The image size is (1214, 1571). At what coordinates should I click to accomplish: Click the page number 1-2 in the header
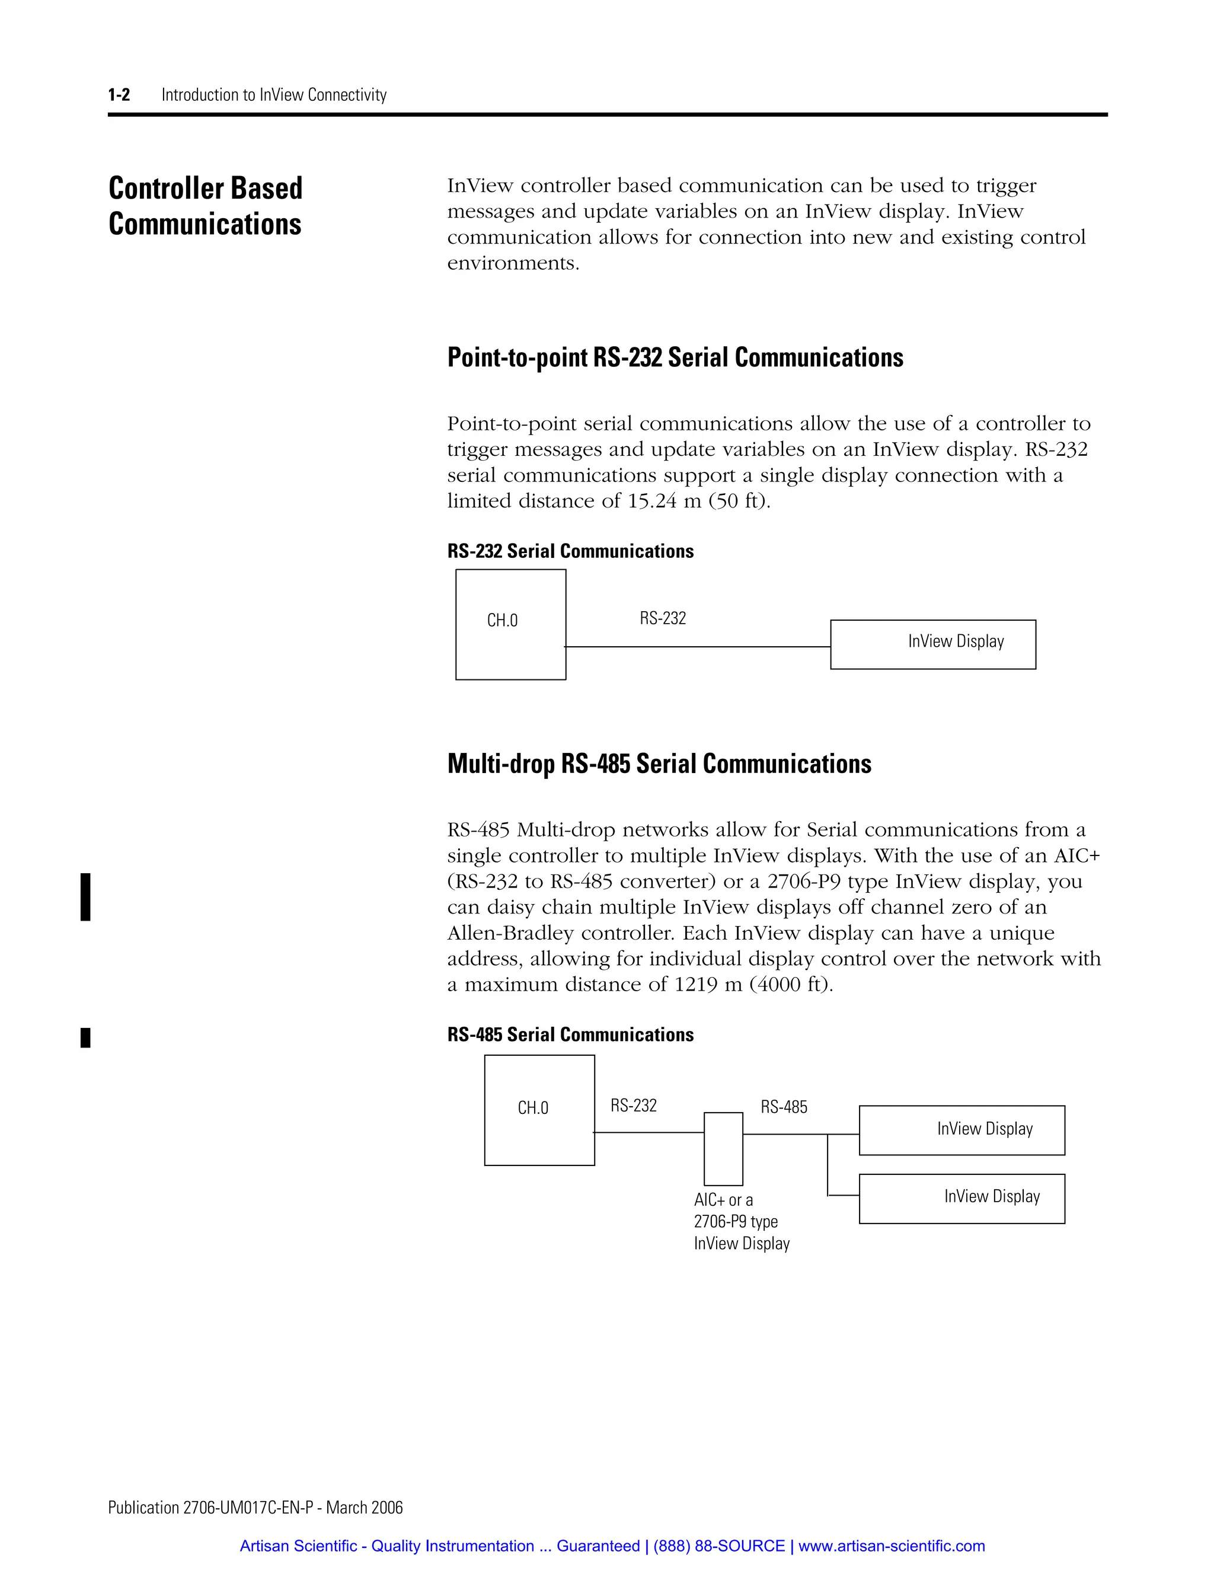(119, 95)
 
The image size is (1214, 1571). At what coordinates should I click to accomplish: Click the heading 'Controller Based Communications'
(206, 206)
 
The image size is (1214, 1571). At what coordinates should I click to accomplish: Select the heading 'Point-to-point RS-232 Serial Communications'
(675, 357)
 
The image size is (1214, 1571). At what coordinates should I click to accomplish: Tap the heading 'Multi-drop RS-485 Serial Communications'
(659, 764)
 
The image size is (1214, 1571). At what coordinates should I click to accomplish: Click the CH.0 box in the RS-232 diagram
(510, 624)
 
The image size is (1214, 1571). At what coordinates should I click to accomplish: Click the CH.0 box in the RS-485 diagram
(539, 1110)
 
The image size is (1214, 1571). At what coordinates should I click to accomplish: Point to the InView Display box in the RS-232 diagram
(933, 644)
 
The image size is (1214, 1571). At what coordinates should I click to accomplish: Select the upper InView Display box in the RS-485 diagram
(961, 1131)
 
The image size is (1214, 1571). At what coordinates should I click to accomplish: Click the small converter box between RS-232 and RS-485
(723, 1149)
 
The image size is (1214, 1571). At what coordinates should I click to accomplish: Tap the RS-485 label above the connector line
(784, 1107)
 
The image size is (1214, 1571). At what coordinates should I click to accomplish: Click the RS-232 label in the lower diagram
(634, 1106)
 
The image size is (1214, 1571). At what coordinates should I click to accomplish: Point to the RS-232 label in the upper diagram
(662, 618)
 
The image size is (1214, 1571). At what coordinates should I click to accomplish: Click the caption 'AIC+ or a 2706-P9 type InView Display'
(741, 1221)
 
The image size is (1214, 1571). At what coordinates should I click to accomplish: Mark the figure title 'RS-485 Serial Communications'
(570, 1035)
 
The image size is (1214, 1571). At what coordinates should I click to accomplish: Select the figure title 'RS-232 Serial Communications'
(570, 552)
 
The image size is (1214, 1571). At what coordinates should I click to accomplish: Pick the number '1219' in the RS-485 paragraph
(696, 985)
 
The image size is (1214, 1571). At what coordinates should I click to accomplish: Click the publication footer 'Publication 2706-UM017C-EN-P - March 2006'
(255, 1508)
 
